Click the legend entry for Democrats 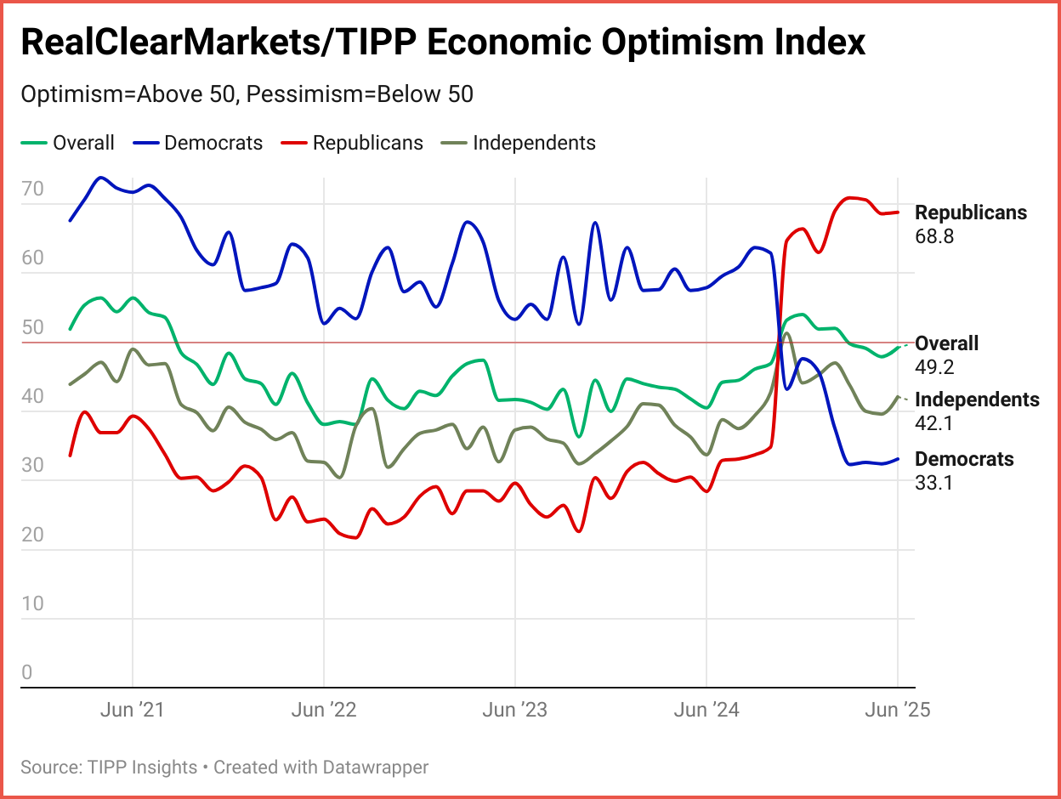click(213, 143)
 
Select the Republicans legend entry click(367, 143)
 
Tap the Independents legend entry click(533, 143)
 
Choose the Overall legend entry click(82, 143)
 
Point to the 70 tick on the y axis click(32, 190)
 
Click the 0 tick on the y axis click(26, 672)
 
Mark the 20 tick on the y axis click(32, 535)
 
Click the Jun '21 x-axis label click(132, 711)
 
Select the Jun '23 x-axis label click(514, 711)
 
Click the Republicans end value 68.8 click(934, 236)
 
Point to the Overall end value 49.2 click(934, 367)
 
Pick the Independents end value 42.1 click(934, 423)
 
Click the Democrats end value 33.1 click(934, 483)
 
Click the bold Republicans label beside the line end click(970, 212)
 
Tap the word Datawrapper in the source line click(375, 768)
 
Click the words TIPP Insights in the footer click(142, 768)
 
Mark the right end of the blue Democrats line click(898, 459)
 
